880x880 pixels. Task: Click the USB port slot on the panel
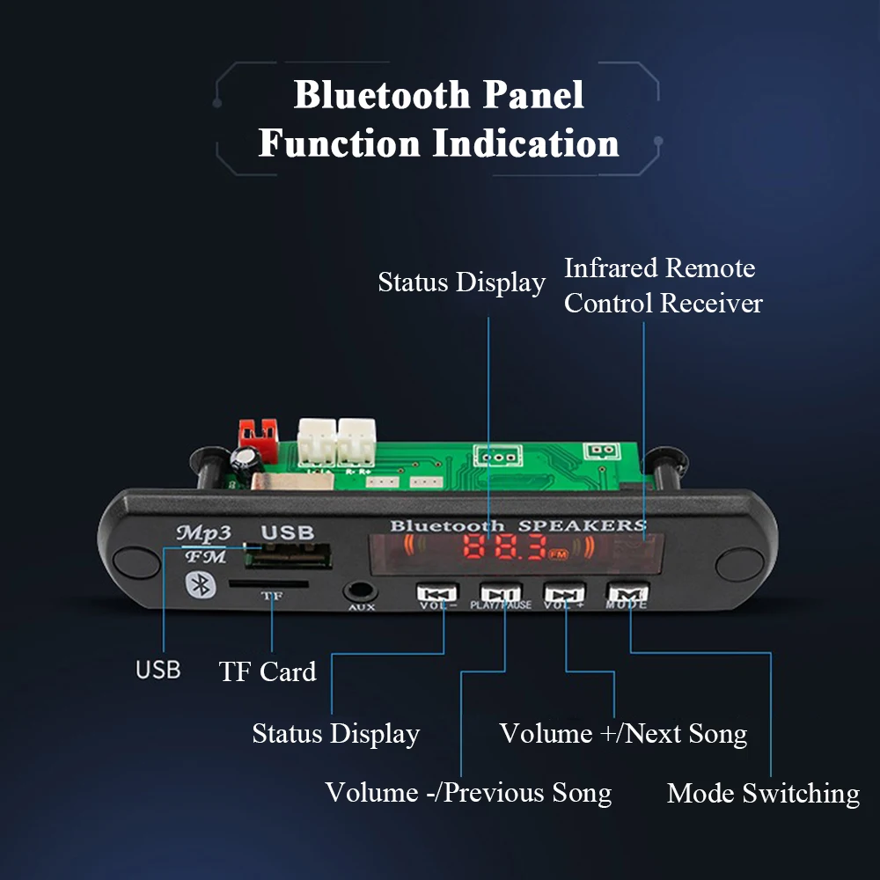click(287, 558)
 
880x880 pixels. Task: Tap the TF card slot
click(268, 583)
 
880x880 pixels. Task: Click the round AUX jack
click(358, 592)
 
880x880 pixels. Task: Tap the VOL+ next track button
click(564, 594)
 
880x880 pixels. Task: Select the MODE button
click(626, 594)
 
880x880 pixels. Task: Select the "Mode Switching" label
click(763, 793)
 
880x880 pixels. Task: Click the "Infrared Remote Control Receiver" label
click(662, 285)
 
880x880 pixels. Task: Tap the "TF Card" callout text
click(268, 671)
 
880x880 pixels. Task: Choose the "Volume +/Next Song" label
click(623, 733)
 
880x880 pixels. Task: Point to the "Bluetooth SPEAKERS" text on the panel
click(517, 525)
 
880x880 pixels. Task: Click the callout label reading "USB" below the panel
click(158, 670)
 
